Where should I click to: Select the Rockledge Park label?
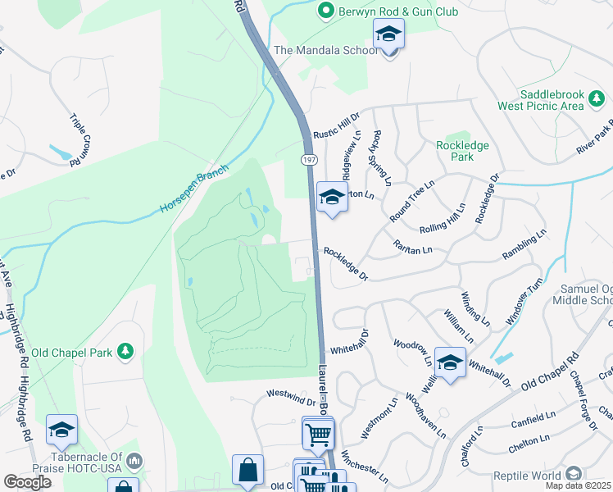coord(462,151)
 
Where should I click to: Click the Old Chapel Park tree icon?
coord(125,352)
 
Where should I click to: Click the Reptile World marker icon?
coord(574,475)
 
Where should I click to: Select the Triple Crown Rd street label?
coord(80,140)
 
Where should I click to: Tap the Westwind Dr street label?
coord(291,398)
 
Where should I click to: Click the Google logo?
coord(27,482)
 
